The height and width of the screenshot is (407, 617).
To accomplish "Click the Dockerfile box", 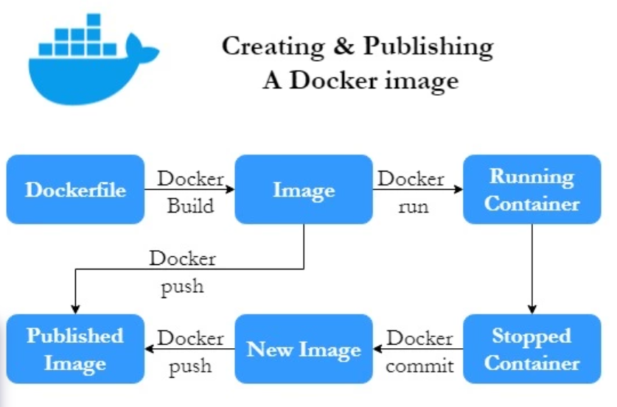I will pyautogui.click(x=75, y=189).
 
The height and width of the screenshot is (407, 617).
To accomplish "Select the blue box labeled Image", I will pyautogui.click(x=304, y=189).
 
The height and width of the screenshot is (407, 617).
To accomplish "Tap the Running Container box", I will pyautogui.click(x=531, y=189).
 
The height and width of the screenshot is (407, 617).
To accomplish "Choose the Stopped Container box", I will pyautogui.click(x=531, y=349).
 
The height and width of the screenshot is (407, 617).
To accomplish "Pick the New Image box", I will pyautogui.click(x=304, y=349).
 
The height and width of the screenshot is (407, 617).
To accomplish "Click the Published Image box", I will pyautogui.click(x=75, y=349).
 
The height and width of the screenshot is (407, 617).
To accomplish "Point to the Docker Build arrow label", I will pyautogui.click(x=190, y=191).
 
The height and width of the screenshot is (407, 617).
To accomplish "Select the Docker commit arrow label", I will pyautogui.click(x=419, y=351).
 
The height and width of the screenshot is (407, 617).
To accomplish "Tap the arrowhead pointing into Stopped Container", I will pyautogui.click(x=532, y=309).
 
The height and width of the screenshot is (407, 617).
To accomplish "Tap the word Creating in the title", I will pyautogui.click(x=273, y=46).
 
